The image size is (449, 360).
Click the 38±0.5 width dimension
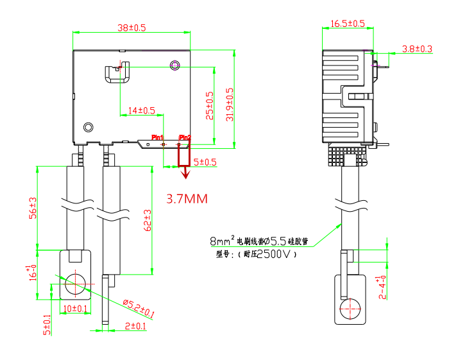click(132, 28)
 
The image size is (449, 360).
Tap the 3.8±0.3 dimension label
click(417, 49)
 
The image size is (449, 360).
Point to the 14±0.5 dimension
click(141, 110)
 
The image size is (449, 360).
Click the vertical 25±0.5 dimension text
click(208, 104)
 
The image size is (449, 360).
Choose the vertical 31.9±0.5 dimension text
click(230, 104)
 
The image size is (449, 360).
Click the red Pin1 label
click(157, 137)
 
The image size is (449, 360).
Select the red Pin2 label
click(185, 137)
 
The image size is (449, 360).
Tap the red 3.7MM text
click(187, 199)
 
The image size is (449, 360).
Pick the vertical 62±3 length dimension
click(147, 220)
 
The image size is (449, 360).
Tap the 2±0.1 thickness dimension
click(135, 326)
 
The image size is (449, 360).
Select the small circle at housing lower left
click(89, 127)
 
